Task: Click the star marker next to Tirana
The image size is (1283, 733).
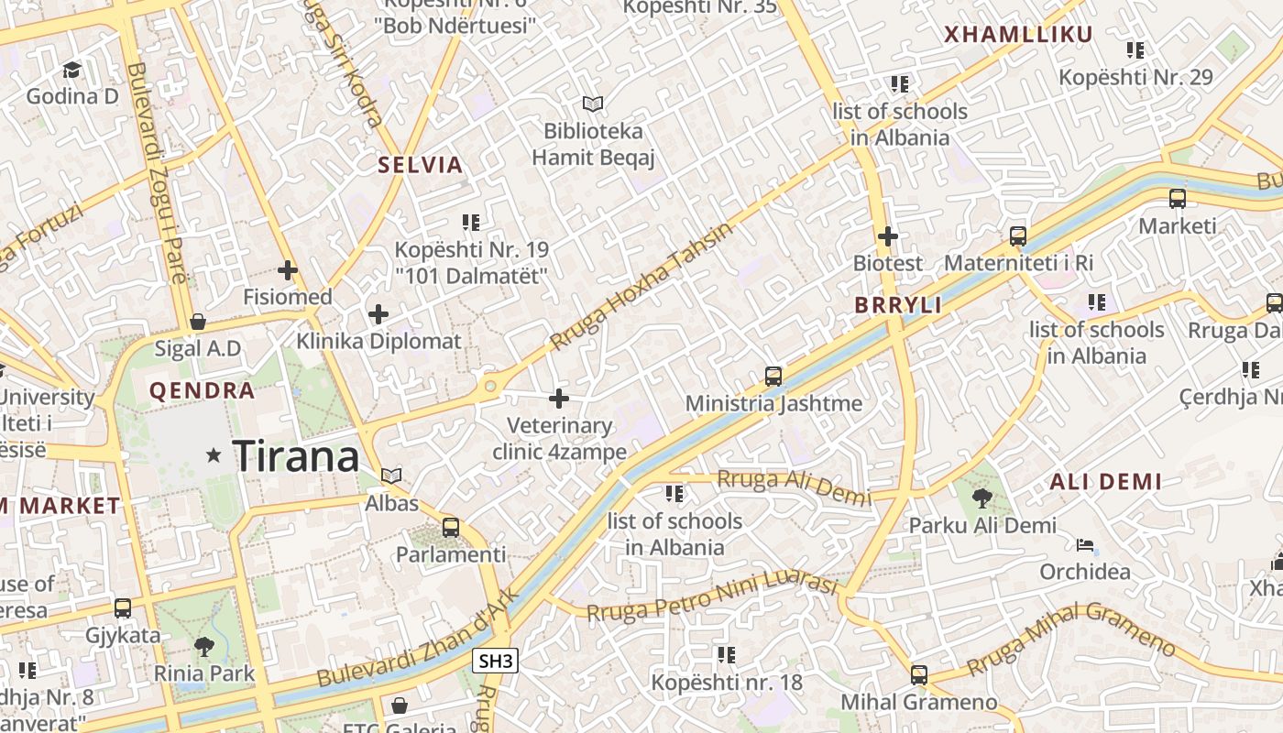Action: click(214, 454)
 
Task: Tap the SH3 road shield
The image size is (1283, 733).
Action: click(496, 661)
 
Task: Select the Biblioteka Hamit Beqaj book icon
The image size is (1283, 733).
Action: click(593, 104)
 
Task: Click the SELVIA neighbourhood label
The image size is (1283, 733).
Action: click(421, 166)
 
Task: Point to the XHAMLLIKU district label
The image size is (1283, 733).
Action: click(1018, 35)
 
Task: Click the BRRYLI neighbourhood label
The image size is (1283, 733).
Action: click(898, 306)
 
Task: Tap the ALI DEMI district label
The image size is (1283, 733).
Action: click(1105, 482)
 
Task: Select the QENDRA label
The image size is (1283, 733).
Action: click(202, 391)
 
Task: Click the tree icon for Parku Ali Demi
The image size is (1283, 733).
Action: click(982, 498)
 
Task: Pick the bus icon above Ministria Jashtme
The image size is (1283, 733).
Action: click(773, 377)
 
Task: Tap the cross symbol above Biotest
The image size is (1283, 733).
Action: click(887, 236)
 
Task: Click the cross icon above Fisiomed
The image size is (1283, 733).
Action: click(288, 270)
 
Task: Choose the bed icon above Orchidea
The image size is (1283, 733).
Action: click(1084, 546)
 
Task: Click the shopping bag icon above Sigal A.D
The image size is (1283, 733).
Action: click(197, 322)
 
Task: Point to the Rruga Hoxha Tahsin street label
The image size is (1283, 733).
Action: click(641, 286)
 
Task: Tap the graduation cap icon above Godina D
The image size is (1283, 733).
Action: click(71, 70)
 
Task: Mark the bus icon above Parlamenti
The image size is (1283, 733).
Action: click(450, 528)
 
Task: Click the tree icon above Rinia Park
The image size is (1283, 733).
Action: click(204, 647)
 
